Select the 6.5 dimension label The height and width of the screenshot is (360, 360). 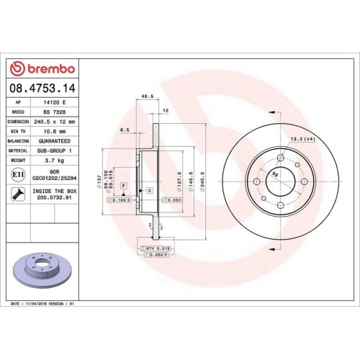(x=125, y=131)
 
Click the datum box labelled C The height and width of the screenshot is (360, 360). (x=149, y=190)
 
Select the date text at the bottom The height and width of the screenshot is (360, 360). (x=43, y=305)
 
